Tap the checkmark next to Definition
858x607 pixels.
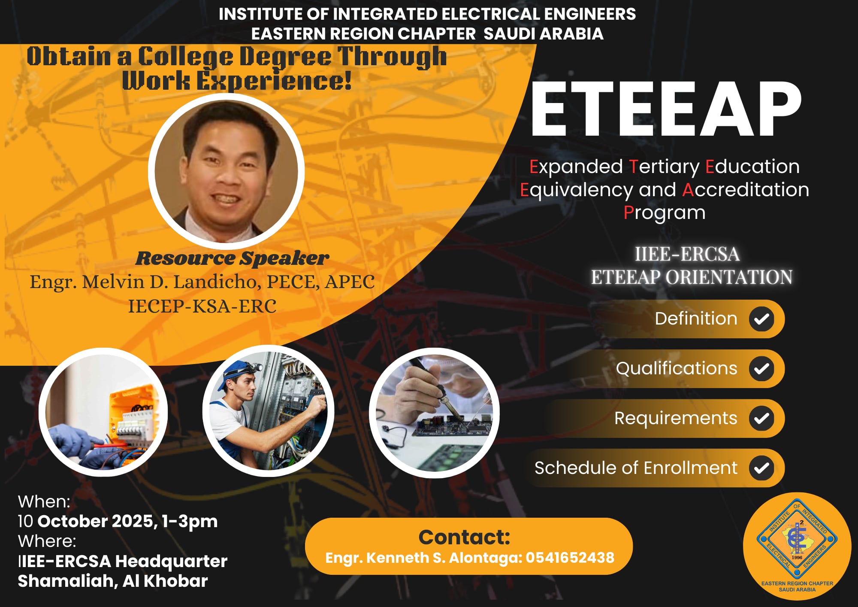point(761,319)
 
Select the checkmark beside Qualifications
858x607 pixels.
point(761,369)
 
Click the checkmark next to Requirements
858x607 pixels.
point(761,419)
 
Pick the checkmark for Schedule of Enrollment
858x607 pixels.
point(761,468)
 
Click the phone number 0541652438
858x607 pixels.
point(570,558)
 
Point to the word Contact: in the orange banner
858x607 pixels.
point(464,537)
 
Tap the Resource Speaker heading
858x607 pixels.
point(232,258)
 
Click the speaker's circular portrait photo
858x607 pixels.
point(226,171)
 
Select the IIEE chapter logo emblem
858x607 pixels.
point(797,546)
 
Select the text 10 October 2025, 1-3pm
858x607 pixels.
point(118,521)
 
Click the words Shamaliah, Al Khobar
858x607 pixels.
point(113,581)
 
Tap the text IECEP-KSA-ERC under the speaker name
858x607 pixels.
point(202,307)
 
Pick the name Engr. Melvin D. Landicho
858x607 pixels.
point(146,282)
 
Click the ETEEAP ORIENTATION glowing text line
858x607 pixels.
point(692,277)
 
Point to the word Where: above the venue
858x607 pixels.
point(47,541)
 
